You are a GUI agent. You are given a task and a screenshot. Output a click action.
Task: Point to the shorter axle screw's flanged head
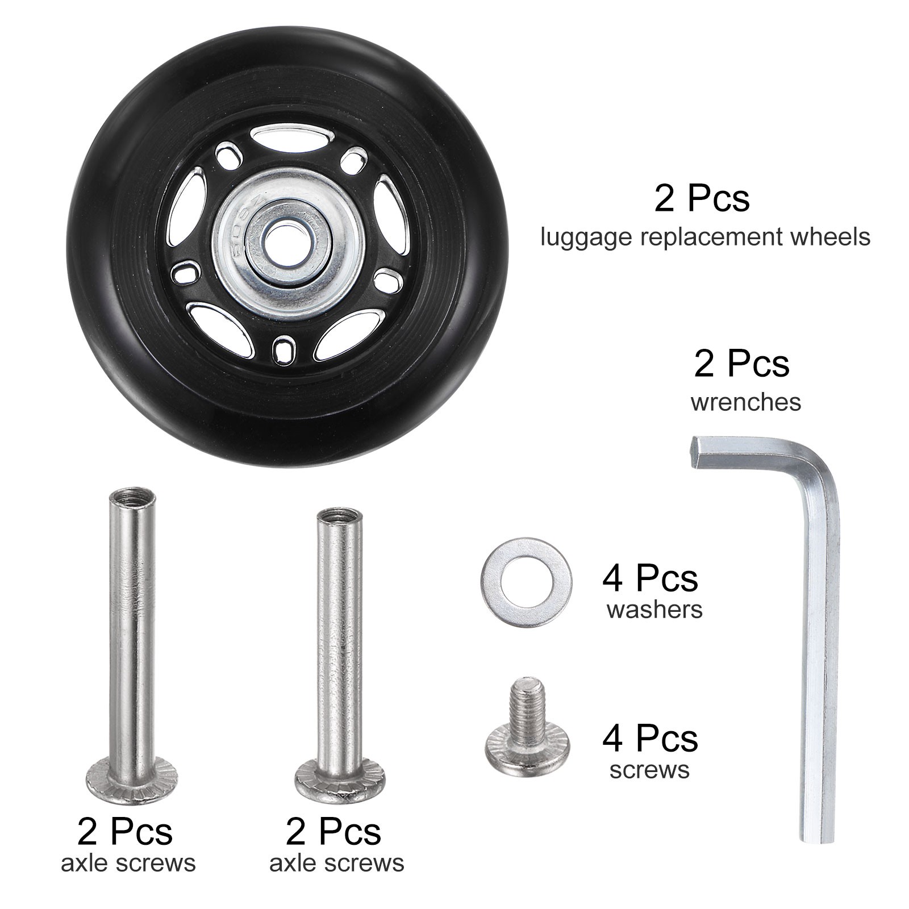[340, 785]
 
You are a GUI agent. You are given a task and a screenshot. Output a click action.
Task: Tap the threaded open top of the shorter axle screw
[339, 519]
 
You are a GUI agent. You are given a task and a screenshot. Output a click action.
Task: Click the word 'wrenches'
[745, 402]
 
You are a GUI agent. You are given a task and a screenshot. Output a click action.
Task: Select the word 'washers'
[654, 610]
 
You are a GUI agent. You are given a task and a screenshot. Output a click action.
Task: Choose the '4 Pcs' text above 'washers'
[650, 578]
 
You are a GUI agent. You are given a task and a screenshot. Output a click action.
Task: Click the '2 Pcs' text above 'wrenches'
[741, 364]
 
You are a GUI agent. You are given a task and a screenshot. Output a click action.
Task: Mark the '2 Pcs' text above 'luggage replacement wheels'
[702, 198]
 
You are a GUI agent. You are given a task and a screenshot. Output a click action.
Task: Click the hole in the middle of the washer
[526, 582]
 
